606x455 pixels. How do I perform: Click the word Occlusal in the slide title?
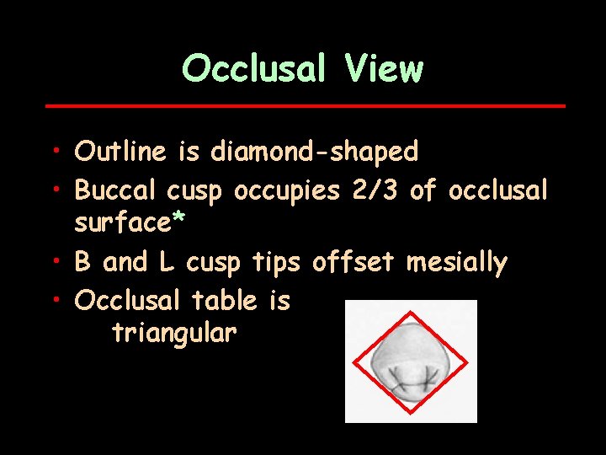point(253,68)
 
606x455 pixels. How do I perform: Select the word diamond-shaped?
point(314,153)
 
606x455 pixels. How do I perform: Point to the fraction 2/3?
point(374,190)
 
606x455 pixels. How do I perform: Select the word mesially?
point(457,264)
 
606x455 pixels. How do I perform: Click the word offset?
point(353,263)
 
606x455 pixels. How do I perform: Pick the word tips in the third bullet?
point(276,264)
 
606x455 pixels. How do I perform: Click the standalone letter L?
point(166,263)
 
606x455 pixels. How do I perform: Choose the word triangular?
point(174,334)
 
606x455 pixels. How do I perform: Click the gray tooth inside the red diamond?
point(411,358)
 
